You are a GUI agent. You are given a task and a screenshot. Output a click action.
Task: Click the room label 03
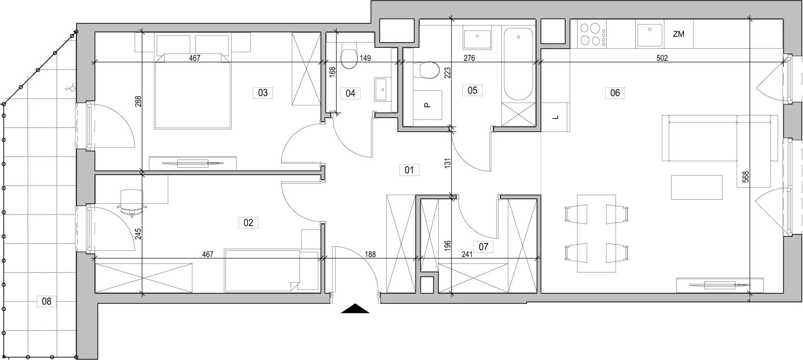263,93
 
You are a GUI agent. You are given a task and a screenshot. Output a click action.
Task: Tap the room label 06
615,93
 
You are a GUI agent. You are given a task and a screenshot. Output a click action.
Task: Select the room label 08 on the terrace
47,301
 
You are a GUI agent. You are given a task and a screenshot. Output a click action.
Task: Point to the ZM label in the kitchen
679,34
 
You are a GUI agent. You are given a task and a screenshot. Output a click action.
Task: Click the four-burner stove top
592,34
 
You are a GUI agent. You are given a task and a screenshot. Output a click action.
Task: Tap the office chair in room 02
132,202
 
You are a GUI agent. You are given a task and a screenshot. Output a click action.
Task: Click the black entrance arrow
355,308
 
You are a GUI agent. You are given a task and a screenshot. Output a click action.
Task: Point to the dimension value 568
746,176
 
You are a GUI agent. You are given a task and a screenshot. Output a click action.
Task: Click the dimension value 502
662,58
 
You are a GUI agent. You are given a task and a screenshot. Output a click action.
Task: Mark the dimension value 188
370,254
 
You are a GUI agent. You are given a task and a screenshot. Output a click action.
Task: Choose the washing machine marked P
427,105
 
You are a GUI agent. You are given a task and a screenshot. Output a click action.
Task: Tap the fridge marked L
555,117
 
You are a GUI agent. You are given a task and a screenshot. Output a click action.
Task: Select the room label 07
483,247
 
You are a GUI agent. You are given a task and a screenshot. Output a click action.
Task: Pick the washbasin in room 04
382,89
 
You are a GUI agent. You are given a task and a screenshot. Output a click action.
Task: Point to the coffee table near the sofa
697,187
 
